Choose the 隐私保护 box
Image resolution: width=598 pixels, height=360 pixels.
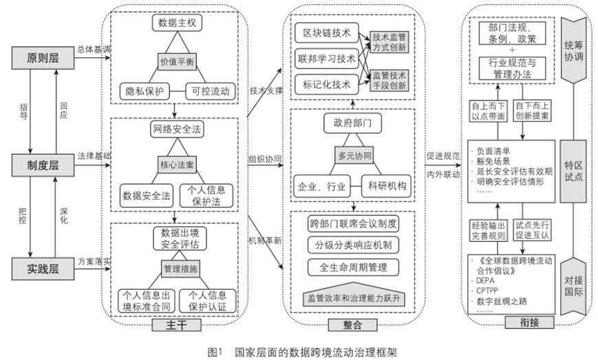click(x=144, y=89)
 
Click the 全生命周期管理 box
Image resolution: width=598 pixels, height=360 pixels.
click(x=352, y=266)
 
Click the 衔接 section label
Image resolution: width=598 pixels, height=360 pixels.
click(x=520, y=322)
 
